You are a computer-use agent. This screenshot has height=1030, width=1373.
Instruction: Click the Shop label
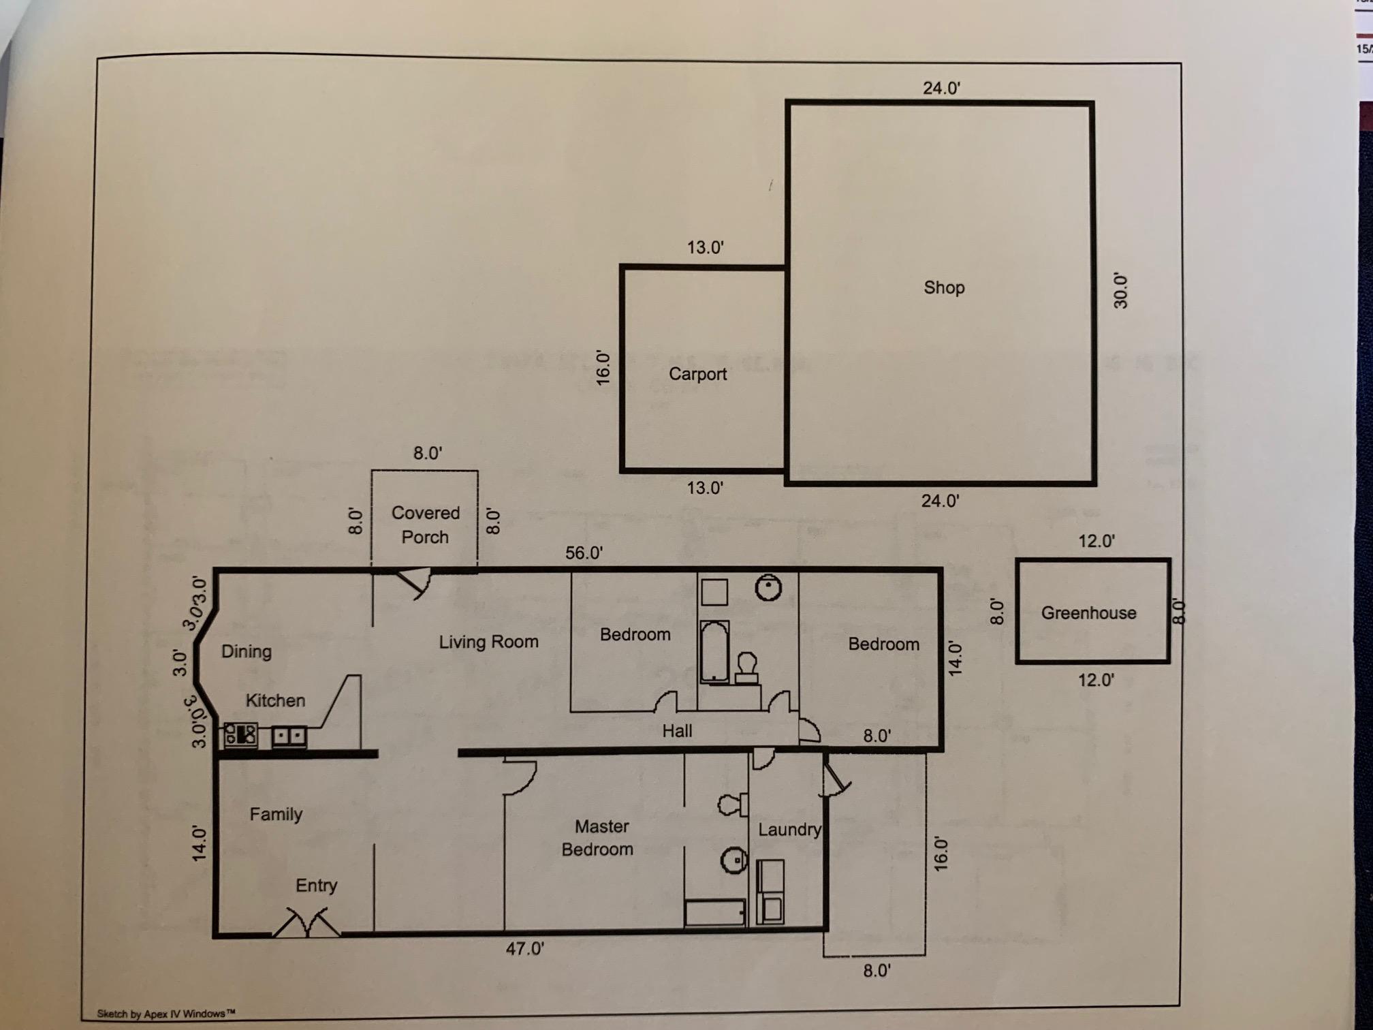point(944,287)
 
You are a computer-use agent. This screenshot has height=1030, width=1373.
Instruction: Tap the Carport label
point(697,374)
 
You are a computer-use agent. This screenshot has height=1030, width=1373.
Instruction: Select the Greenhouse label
point(1088,613)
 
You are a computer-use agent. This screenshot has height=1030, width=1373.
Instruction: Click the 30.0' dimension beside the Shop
point(1120,292)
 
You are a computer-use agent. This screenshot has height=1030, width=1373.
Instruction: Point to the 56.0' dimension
point(584,552)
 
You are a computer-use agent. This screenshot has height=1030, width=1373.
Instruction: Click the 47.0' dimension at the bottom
point(524,948)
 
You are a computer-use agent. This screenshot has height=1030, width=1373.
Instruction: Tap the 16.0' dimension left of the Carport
point(603,369)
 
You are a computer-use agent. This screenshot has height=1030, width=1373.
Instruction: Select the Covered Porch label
point(425,525)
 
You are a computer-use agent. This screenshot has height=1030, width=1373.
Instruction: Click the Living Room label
point(488,642)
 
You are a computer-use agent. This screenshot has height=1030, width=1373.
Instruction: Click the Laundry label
point(789,830)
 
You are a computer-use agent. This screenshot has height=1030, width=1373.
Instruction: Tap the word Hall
point(677,731)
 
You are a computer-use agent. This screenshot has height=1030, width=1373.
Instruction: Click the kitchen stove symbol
point(241,735)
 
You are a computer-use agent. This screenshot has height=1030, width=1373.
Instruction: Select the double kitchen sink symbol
point(289,736)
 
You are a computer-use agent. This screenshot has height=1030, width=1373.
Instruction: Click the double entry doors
point(306,922)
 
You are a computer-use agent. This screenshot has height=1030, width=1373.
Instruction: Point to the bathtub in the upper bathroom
point(714,652)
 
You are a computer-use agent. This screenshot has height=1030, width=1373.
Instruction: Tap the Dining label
point(246,651)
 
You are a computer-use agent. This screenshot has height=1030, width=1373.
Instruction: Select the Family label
point(275,814)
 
